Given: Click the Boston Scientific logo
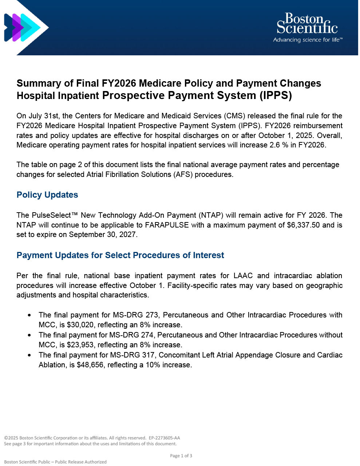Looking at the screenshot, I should (307, 24).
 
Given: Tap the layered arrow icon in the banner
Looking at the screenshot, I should (24, 27).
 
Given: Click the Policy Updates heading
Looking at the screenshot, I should (47, 195).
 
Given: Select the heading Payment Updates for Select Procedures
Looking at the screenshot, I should (120, 255).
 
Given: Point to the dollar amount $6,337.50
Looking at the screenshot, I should (303, 225).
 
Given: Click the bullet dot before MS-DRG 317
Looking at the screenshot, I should (29, 355).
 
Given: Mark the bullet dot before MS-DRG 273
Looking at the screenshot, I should (29, 315).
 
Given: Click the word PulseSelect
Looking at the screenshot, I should (52, 215).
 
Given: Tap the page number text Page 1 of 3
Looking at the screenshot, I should (181, 456).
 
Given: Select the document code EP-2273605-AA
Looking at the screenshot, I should (164, 438).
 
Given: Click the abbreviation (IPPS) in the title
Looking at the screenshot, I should (276, 95).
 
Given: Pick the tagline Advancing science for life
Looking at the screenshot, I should (307, 40).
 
